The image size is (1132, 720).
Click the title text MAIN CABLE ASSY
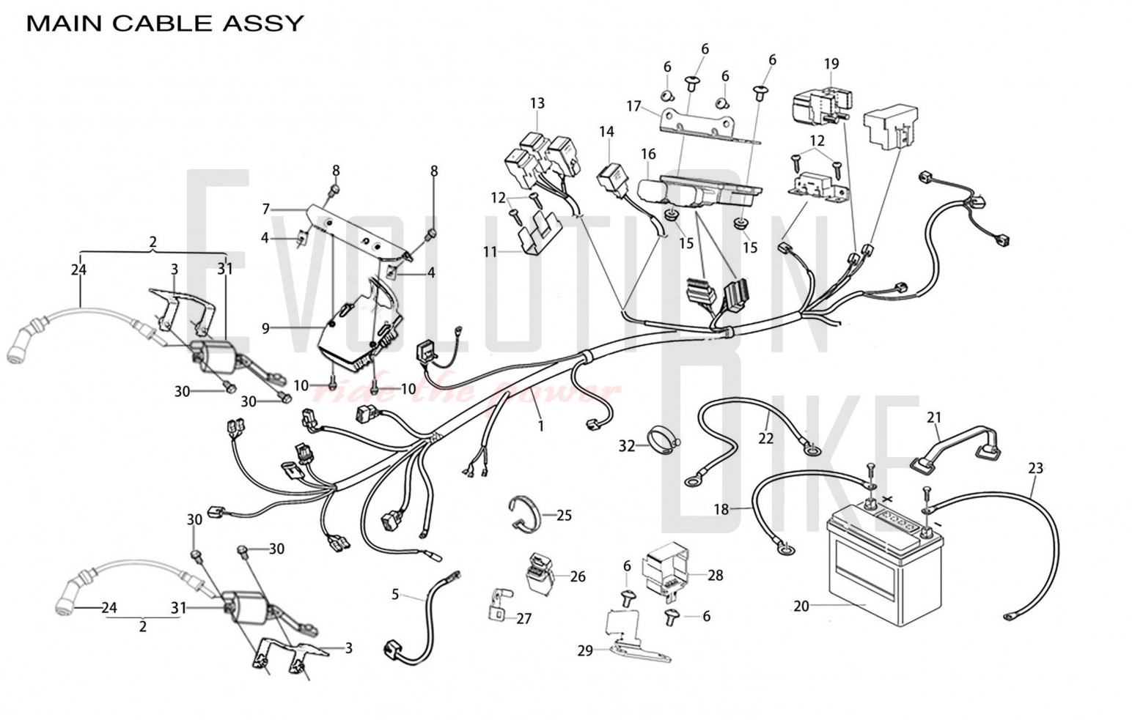[x=165, y=23]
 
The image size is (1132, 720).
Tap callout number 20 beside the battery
[x=801, y=606]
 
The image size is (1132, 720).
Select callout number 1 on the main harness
[x=541, y=425]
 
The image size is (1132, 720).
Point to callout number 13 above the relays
[x=537, y=103]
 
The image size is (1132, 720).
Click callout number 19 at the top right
[x=831, y=64]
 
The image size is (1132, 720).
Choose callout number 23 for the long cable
[x=1035, y=468]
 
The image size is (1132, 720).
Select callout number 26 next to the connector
[x=578, y=577]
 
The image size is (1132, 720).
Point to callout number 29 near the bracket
[x=584, y=650]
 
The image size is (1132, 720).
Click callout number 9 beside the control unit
[x=266, y=329]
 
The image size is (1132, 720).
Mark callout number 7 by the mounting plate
[x=266, y=209]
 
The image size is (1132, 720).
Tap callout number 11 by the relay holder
[x=490, y=252]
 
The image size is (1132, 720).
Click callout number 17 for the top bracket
[x=634, y=107]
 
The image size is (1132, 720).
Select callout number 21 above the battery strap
[x=933, y=417]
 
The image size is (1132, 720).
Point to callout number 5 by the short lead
[x=395, y=594]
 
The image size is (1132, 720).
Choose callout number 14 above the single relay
[x=606, y=132]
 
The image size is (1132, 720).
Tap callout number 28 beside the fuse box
[x=715, y=576]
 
